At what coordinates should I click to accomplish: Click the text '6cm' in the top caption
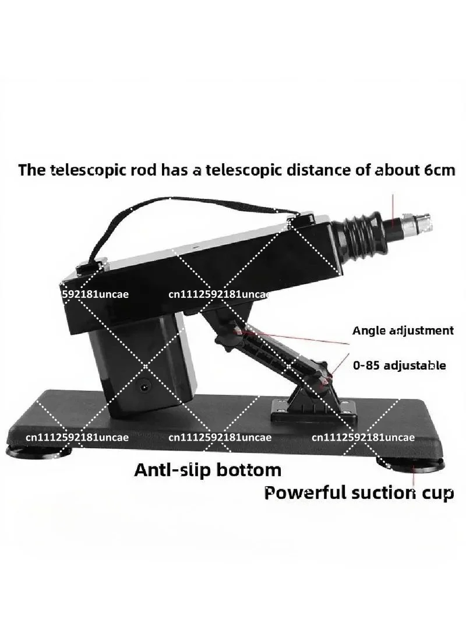pos(440,170)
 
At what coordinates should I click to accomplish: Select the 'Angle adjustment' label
pos(403,330)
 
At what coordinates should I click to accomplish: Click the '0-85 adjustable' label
pos(400,365)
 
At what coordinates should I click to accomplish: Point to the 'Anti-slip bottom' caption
pos(208,470)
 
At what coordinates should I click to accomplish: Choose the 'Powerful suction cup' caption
pos(359,493)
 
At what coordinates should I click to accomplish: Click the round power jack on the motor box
pos(144,385)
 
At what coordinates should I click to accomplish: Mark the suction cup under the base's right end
pos(410,463)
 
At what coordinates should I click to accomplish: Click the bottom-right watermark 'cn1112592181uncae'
pos(363,437)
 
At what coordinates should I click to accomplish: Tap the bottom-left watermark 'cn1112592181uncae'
pos(77,437)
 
